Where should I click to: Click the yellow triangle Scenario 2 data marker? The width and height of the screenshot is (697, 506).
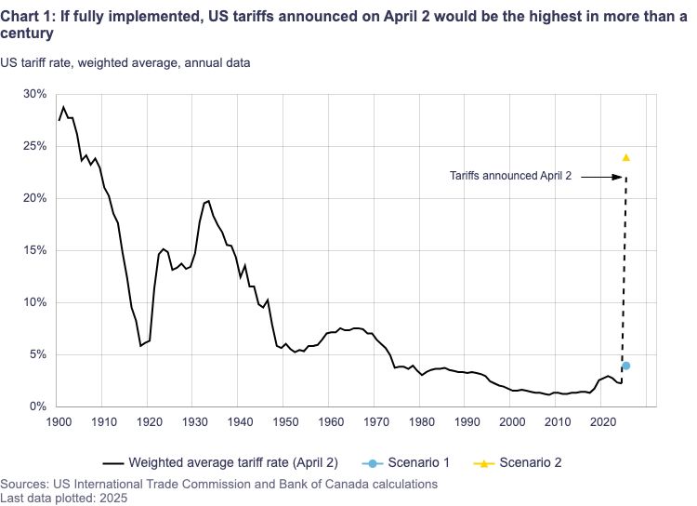(x=625, y=157)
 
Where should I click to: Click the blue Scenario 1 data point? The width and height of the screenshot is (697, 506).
(x=625, y=366)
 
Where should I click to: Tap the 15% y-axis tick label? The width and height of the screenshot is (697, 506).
(x=34, y=250)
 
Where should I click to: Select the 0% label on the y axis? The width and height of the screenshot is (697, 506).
(x=38, y=406)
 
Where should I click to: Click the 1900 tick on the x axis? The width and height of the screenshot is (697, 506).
(x=58, y=422)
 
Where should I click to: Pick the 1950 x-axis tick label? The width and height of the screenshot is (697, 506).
(x=284, y=422)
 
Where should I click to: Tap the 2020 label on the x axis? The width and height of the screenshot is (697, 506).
(x=601, y=422)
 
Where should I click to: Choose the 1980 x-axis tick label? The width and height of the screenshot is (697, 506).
(x=420, y=422)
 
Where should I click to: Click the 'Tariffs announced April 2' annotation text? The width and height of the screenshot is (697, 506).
(x=510, y=175)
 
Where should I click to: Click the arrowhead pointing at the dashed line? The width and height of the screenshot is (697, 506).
(x=617, y=176)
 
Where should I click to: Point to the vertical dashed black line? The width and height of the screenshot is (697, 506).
(x=624, y=270)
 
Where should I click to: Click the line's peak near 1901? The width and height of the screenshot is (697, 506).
(x=63, y=107)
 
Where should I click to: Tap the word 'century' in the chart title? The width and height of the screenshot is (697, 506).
(x=27, y=33)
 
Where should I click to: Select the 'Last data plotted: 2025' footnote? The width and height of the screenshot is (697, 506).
(x=63, y=498)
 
